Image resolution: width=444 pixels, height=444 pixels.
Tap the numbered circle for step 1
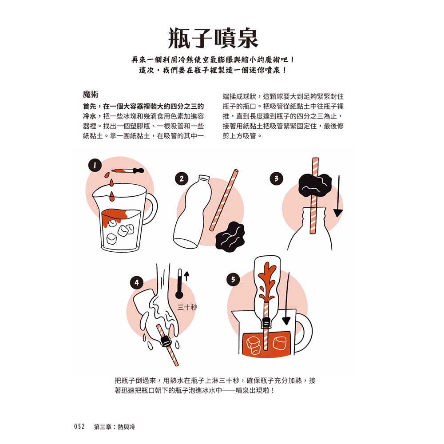[95, 165]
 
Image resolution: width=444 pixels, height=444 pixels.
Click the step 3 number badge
[276, 178]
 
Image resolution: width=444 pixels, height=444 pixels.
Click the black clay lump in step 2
[230, 236]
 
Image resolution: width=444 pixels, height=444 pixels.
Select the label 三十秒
[187, 307]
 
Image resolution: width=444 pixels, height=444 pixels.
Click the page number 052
[79, 427]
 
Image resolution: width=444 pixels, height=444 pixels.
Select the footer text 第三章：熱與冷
[115, 427]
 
